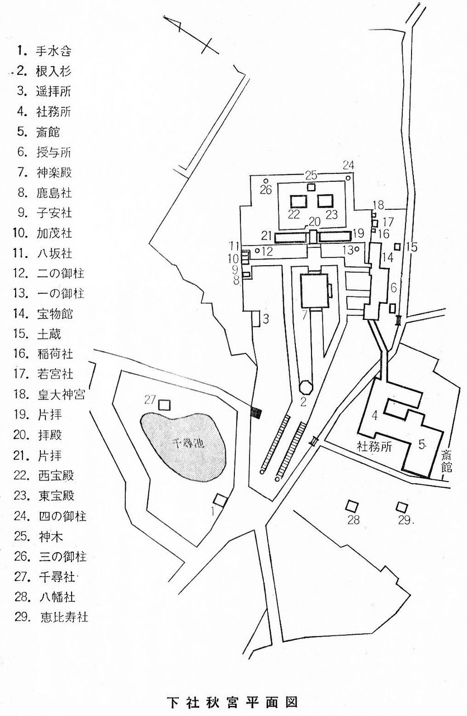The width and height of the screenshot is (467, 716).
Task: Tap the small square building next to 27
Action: (x=164, y=404)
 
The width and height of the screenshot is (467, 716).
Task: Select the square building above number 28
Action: (x=351, y=506)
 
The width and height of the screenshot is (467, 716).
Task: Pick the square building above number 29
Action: (x=401, y=507)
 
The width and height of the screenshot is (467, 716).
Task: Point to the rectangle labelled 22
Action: (x=298, y=200)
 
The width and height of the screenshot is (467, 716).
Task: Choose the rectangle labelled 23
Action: (x=326, y=200)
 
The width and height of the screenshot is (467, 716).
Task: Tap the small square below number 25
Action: (x=311, y=187)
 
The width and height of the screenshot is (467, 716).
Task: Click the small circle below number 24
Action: (x=348, y=177)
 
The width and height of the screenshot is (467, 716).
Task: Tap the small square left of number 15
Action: (x=397, y=246)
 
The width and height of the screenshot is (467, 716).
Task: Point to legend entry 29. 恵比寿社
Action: (x=53, y=618)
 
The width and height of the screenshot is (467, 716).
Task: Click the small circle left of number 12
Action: (x=257, y=251)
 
